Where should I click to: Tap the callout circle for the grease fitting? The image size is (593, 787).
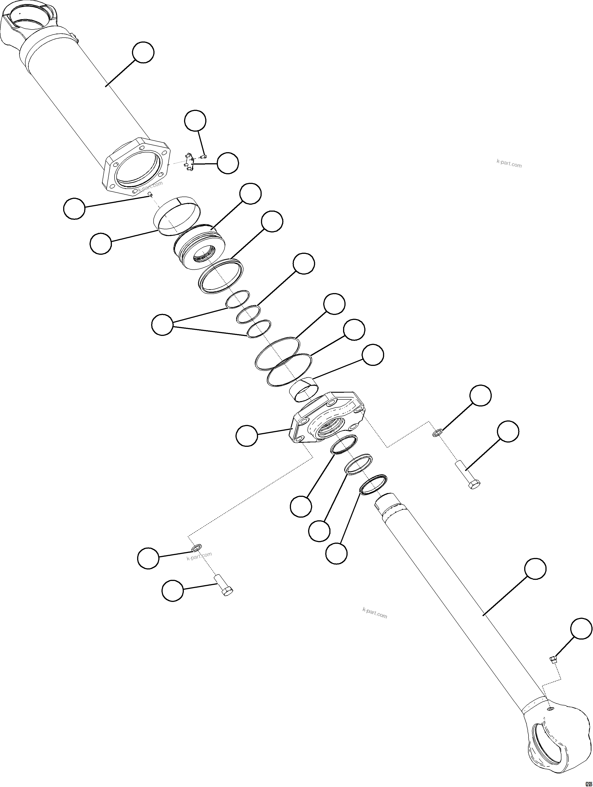tap(581, 629)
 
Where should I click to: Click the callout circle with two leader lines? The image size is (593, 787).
tap(162, 324)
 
